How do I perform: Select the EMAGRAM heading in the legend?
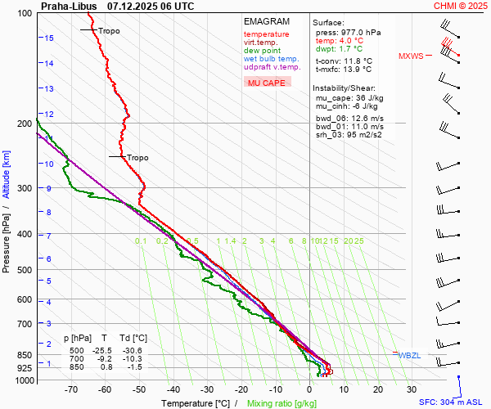267,21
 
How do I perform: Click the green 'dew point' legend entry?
264,51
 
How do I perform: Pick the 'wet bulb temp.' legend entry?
272,59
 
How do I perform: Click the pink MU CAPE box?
268,83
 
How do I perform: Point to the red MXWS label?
411,56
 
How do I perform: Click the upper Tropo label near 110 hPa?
109,31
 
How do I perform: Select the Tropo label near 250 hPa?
137,158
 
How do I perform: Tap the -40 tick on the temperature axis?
173,389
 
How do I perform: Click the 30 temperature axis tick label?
412,389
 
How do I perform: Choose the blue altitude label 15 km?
49,38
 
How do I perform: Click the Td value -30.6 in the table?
139,350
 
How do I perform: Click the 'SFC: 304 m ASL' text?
453,402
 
